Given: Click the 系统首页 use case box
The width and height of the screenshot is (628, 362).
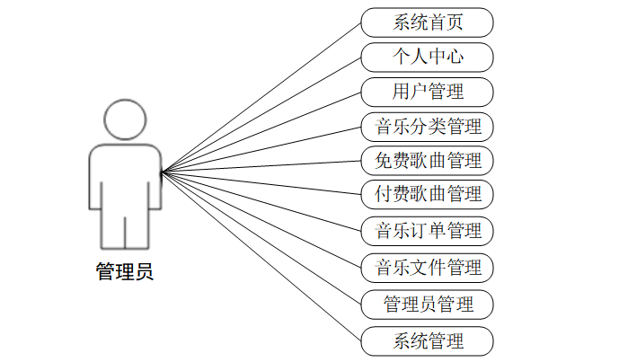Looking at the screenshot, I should (428, 22).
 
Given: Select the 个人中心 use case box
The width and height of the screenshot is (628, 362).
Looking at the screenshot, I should (428, 57).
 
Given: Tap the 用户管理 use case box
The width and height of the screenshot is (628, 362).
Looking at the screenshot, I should (428, 91).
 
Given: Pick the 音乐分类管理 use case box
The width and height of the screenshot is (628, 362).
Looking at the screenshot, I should (428, 126).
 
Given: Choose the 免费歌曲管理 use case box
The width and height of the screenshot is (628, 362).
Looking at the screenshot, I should (428, 161).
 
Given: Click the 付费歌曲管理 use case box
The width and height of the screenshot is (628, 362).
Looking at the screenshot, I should (428, 193).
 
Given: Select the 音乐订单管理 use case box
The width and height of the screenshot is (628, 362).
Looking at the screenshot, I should (428, 230).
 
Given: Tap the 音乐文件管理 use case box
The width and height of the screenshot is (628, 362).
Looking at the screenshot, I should (428, 267).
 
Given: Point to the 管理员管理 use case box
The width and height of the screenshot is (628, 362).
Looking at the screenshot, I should (428, 304).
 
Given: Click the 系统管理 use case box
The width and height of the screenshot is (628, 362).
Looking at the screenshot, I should (428, 340).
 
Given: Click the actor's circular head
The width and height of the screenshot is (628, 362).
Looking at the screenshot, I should (124, 120).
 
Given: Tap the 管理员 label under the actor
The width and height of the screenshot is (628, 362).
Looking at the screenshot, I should (125, 271).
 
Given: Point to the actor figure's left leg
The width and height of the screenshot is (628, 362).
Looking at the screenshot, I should (111, 228).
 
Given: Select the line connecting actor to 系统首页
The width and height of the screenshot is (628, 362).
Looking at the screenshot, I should (261, 96).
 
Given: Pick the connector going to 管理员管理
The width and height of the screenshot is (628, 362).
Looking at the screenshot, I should (261, 237).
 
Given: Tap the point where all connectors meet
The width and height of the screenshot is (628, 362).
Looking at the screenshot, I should (161, 172).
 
